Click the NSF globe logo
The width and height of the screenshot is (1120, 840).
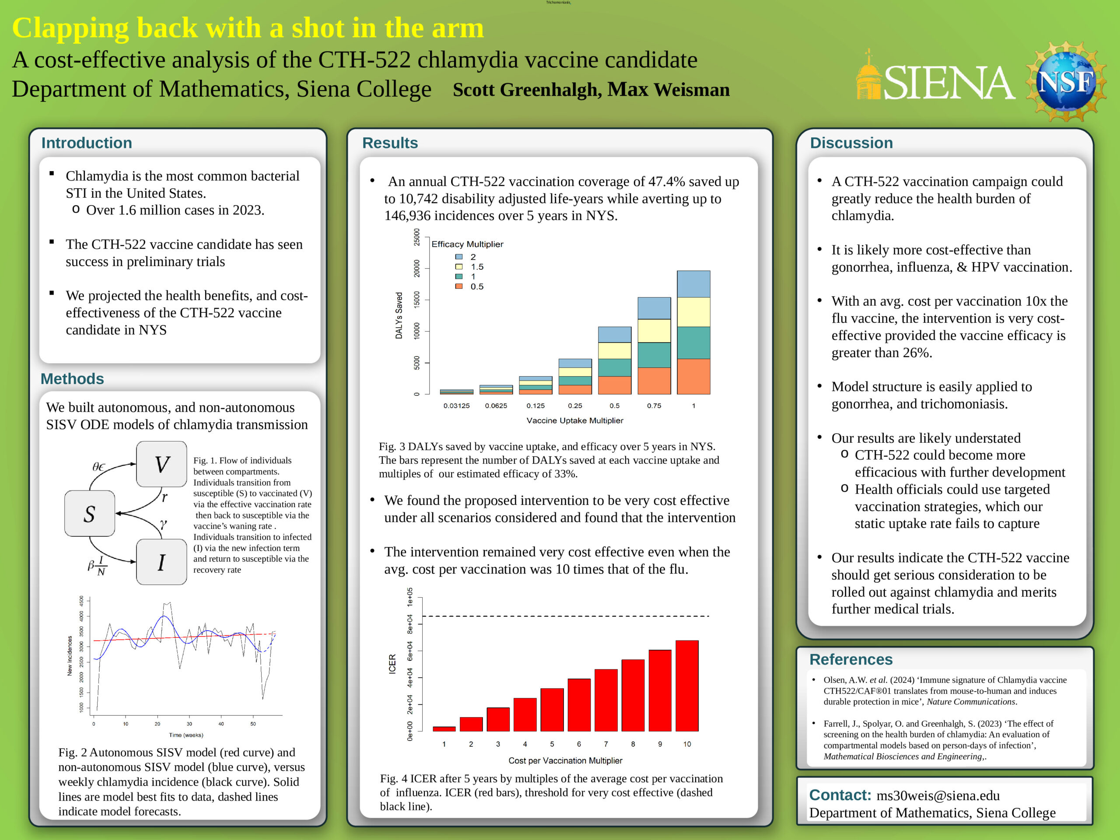pyautogui.click(x=1066, y=81)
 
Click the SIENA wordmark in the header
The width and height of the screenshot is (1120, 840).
pyautogui.click(x=949, y=83)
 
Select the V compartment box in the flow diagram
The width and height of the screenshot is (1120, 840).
pyautogui.click(x=161, y=464)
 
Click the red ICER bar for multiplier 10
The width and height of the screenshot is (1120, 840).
pyautogui.click(x=687, y=686)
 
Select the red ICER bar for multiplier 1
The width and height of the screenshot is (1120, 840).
pyautogui.click(x=444, y=728)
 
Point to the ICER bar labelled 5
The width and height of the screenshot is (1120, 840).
pyautogui.click(x=552, y=709)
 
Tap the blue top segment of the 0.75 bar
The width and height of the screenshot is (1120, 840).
pyautogui.click(x=654, y=308)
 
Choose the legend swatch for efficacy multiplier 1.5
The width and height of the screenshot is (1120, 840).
pyautogui.click(x=459, y=267)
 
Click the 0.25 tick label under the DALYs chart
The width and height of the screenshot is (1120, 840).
pyautogui.click(x=575, y=406)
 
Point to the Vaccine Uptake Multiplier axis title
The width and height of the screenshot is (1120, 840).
pyautogui.click(x=575, y=420)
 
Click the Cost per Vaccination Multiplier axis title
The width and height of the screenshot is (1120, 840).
pyautogui.click(x=566, y=760)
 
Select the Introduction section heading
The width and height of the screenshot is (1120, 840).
pyautogui.click(x=87, y=143)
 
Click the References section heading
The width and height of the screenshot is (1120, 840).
pyautogui.click(x=851, y=659)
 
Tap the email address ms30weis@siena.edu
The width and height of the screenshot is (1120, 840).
pyautogui.click(x=938, y=795)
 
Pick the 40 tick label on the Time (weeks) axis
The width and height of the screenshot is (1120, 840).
pyautogui.click(x=221, y=724)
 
